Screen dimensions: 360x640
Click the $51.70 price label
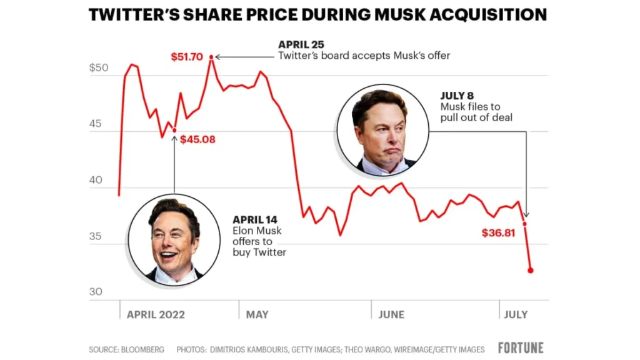click(187, 57)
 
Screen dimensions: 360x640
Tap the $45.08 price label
click(197, 139)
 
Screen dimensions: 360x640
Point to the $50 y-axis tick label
click(99, 68)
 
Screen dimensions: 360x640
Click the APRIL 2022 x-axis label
click(156, 314)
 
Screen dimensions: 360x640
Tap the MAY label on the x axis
click(257, 314)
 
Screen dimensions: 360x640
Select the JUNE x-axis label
click(391, 314)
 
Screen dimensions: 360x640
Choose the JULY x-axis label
click(516, 314)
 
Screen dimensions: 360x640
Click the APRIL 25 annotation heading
click(301, 44)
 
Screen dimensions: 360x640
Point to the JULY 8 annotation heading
click(457, 96)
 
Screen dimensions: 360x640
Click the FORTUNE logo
click(521, 348)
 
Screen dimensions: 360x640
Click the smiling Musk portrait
click(174, 239)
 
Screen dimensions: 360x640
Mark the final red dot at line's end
click(531, 271)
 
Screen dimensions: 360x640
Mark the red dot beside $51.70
click(211, 57)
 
